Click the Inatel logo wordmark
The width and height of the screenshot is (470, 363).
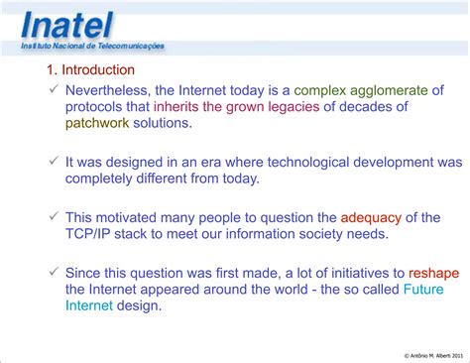[x=66, y=24]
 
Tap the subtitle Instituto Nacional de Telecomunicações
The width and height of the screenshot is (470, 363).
[x=92, y=47]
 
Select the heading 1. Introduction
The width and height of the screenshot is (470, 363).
[x=90, y=70]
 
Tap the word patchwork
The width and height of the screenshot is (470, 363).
[x=101, y=124]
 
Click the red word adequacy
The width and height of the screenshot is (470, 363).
[x=374, y=215]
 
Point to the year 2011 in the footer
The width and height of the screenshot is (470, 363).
[x=455, y=355]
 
